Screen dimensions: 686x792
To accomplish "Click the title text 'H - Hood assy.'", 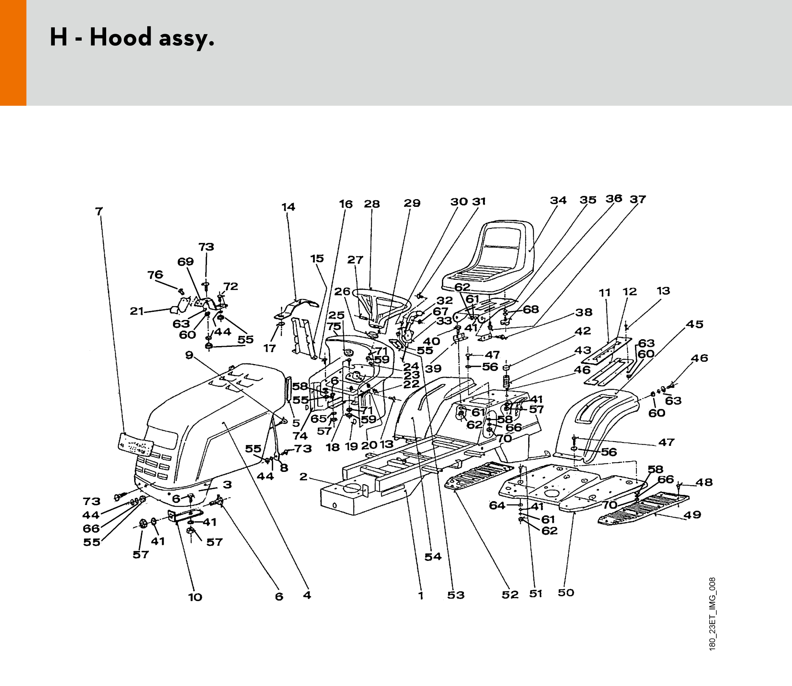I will [132, 38].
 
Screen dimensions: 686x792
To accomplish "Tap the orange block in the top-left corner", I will [13, 53].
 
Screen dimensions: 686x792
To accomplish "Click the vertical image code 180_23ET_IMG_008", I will [712, 614].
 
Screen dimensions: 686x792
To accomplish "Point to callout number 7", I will [99, 211].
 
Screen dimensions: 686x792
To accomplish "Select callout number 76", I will [155, 275].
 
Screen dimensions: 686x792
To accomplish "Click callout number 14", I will [288, 207].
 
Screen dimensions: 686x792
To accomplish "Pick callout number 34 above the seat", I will [558, 200].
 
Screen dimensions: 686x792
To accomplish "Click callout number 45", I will [695, 324].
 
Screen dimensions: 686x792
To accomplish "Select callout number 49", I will [692, 514].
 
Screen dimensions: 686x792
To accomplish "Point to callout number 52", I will [510, 594].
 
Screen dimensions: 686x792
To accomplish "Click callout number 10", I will [195, 597].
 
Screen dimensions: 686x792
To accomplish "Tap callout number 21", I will [136, 311].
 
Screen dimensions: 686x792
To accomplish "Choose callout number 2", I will [303, 477].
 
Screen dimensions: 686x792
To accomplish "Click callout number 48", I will [704, 482].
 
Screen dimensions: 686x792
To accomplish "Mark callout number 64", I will [497, 505].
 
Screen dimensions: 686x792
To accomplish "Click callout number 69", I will [186, 262].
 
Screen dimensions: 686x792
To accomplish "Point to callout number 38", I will [584, 312].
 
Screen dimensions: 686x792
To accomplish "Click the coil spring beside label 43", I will [506, 382].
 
